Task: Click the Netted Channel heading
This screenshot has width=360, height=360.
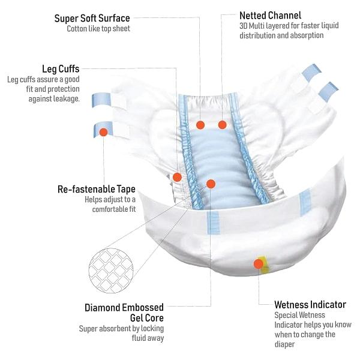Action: coord(270,15)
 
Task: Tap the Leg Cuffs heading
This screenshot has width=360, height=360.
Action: coord(61,69)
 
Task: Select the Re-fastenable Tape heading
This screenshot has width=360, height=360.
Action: coord(97,189)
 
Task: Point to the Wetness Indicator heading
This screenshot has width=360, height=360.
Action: coord(310,304)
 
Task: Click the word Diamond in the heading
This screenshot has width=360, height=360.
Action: coord(106,308)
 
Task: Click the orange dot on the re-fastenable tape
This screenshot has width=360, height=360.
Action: coord(103,131)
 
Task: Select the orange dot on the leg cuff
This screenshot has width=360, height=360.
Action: coord(177,177)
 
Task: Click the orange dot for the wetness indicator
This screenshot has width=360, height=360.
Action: coord(259,263)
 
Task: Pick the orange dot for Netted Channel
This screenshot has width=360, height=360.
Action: coord(222,125)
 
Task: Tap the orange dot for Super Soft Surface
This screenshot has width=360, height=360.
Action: coord(200,125)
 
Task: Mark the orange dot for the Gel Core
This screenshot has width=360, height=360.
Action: coord(211,184)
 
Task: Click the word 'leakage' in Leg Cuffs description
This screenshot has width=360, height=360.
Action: coord(65,98)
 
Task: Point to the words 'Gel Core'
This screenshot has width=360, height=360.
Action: coord(146,317)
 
